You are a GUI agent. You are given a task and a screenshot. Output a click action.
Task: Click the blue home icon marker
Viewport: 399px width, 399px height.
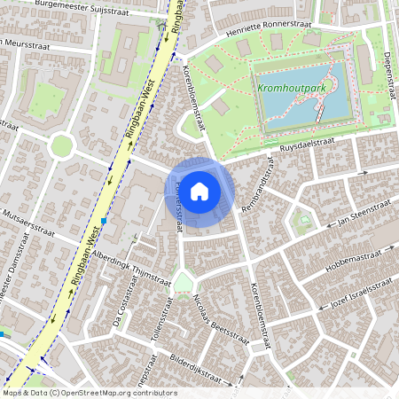click(x=199, y=191)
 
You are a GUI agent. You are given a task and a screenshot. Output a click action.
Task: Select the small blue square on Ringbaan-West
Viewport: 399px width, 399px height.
click(x=104, y=220)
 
